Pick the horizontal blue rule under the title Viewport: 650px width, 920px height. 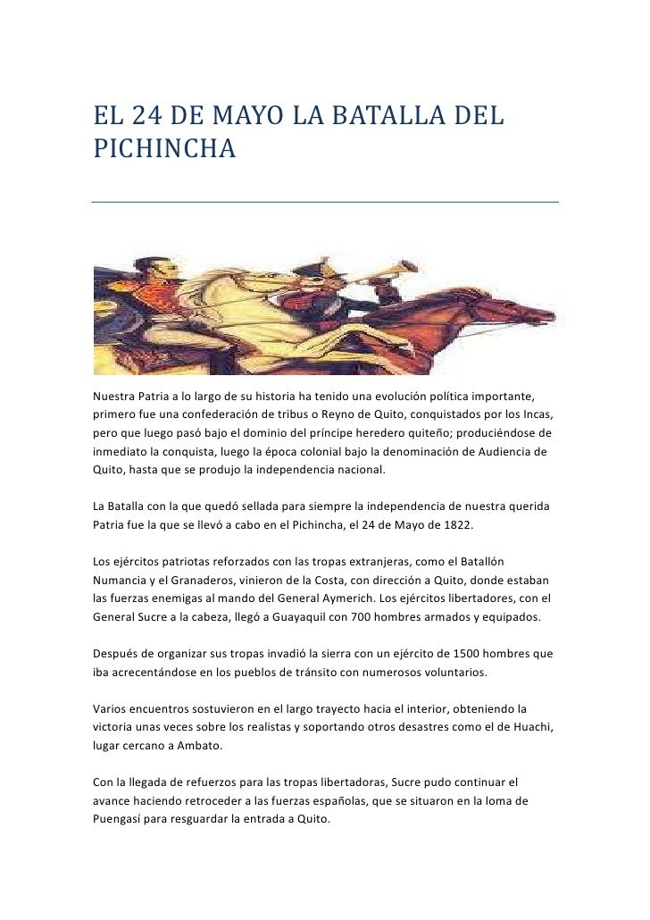(x=325, y=201)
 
